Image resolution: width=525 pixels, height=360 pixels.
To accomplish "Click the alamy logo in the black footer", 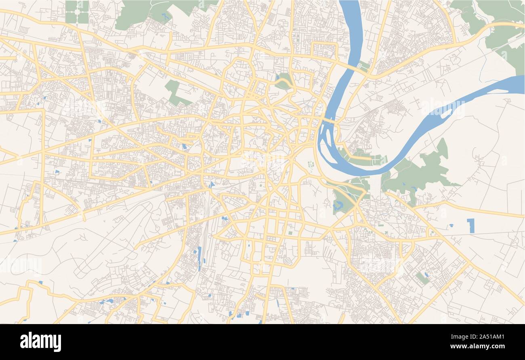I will coord(40,342).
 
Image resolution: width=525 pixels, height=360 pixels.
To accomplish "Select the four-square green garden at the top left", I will coord(77,12).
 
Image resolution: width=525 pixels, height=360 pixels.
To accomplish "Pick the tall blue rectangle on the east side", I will coord(470,226).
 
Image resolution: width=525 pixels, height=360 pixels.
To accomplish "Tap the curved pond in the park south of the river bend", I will coord(337,206).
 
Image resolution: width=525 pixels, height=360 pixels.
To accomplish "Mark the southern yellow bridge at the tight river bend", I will coord(329,120).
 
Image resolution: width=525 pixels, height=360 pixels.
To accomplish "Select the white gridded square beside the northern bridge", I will coord(359,65).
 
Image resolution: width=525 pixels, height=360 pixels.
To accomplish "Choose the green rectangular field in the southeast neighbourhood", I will coord(422,278).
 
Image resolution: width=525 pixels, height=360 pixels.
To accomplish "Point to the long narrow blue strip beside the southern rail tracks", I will coord(199,257).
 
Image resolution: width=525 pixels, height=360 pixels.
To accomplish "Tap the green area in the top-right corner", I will coord(501,28).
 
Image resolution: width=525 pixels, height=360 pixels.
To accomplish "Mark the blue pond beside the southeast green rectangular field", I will coord(426,274).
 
